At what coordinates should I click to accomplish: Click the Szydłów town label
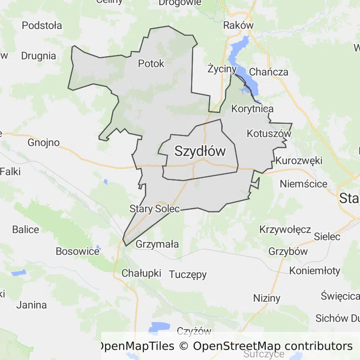(x=200, y=151)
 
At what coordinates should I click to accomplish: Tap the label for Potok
(x=151, y=63)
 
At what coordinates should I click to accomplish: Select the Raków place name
(x=239, y=25)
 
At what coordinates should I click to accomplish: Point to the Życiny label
(x=222, y=69)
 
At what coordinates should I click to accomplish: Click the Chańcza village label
(x=269, y=72)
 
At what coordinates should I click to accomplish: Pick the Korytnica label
(x=252, y=109)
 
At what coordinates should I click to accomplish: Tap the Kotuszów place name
(x=269, y=133)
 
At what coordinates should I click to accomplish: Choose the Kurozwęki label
(x=299, y=160)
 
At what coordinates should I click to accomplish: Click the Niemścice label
(x=303, y=184)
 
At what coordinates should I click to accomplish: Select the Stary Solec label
(x=154, y=209)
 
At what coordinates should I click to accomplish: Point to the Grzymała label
(x=157, y=244)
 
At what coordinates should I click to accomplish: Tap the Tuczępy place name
(x=187, y=275)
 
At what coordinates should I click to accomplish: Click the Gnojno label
(x=44, y=142)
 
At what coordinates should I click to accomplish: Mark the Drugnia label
(x=38, y=56)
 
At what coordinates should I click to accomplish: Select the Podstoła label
(x=42, y=25)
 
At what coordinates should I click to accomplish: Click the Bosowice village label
(x=77, y=251)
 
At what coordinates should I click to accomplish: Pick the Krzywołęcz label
(x=285, y=230)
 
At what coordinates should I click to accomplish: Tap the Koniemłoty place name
(x=315, y=271)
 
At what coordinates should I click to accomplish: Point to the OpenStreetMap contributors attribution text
(x=272, y=346)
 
